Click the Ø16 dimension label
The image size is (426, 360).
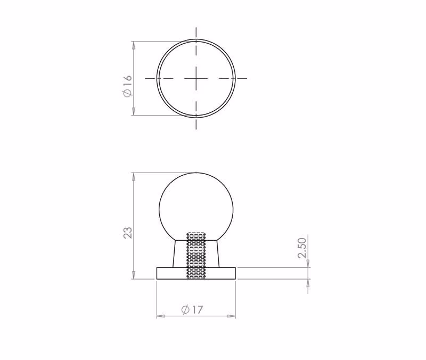(127, 86)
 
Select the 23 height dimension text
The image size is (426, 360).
(128, 233)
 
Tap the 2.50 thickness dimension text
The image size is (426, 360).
(302, 248)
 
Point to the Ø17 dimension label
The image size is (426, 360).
(192, 309)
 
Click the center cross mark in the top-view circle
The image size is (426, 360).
(196, 78)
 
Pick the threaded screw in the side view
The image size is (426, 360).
(196, 256)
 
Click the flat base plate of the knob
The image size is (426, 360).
(196, 273)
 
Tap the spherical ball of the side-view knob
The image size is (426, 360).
(196, 207)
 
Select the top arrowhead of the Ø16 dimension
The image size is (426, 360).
(134, 45)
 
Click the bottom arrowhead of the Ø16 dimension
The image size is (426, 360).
(134, 111)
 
